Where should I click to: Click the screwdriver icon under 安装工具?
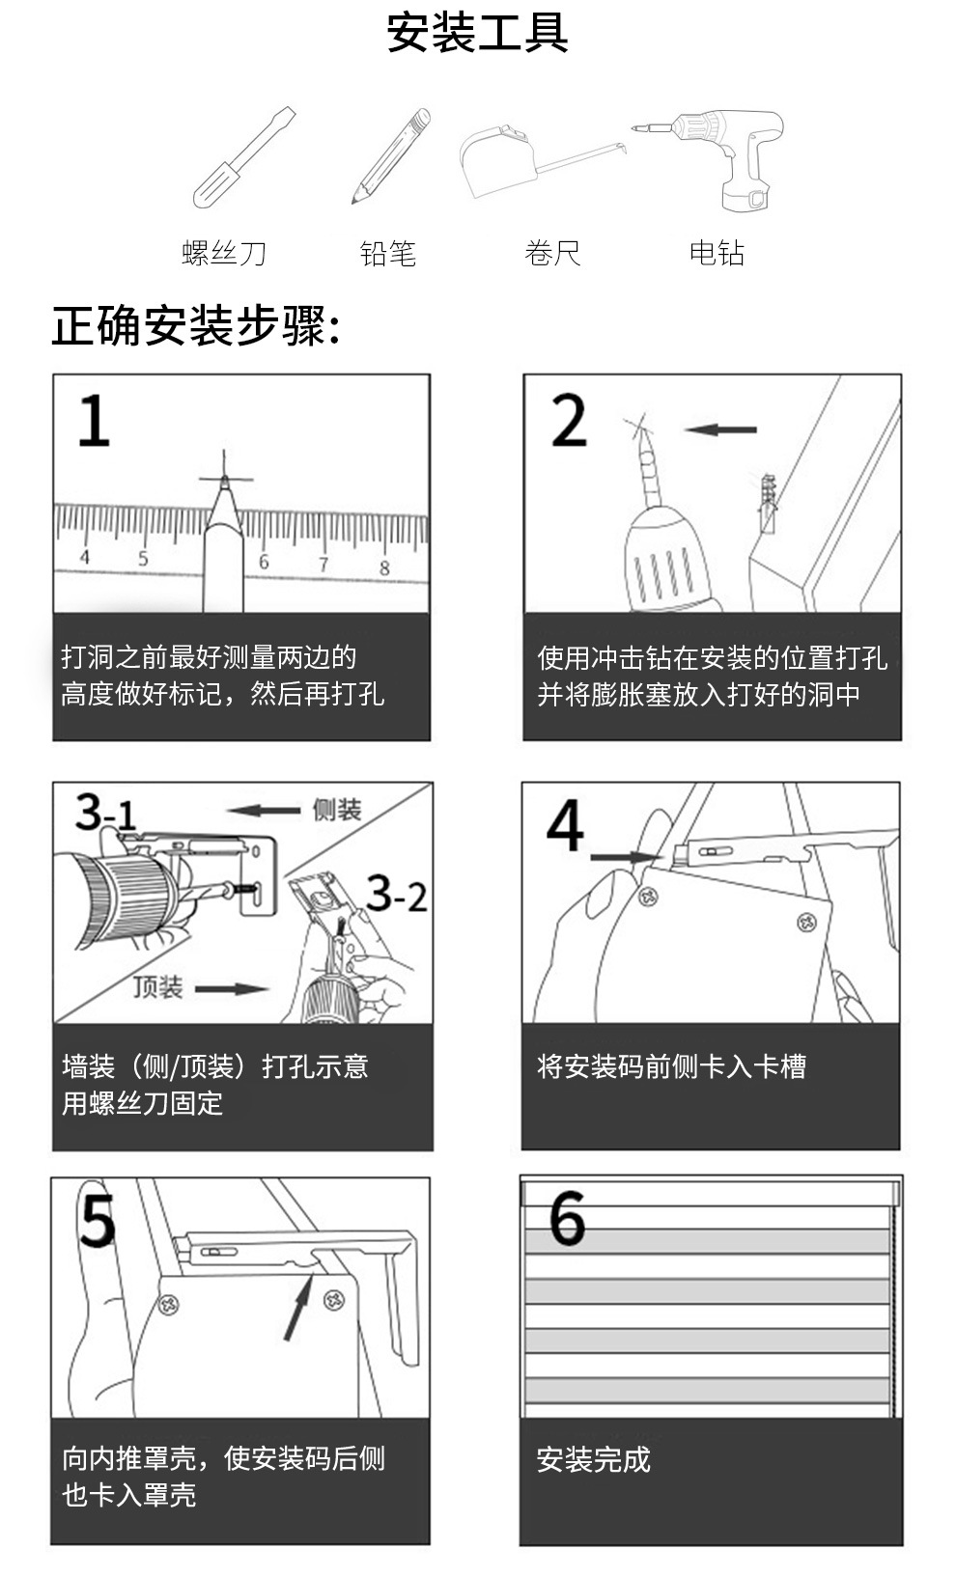[243, 156]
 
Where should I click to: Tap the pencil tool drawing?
[390, 155]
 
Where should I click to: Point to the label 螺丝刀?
[224, 254]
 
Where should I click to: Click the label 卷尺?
[552, 254]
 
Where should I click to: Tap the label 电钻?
[717, 254]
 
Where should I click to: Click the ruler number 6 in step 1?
[264, 562]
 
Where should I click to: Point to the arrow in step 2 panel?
[719, 429]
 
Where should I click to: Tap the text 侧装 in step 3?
[337, 810]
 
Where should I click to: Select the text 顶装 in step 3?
[158, 987]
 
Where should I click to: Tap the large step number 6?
[567, 1218]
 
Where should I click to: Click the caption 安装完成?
[593, 1459]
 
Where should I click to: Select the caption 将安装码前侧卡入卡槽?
[671, 1066]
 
